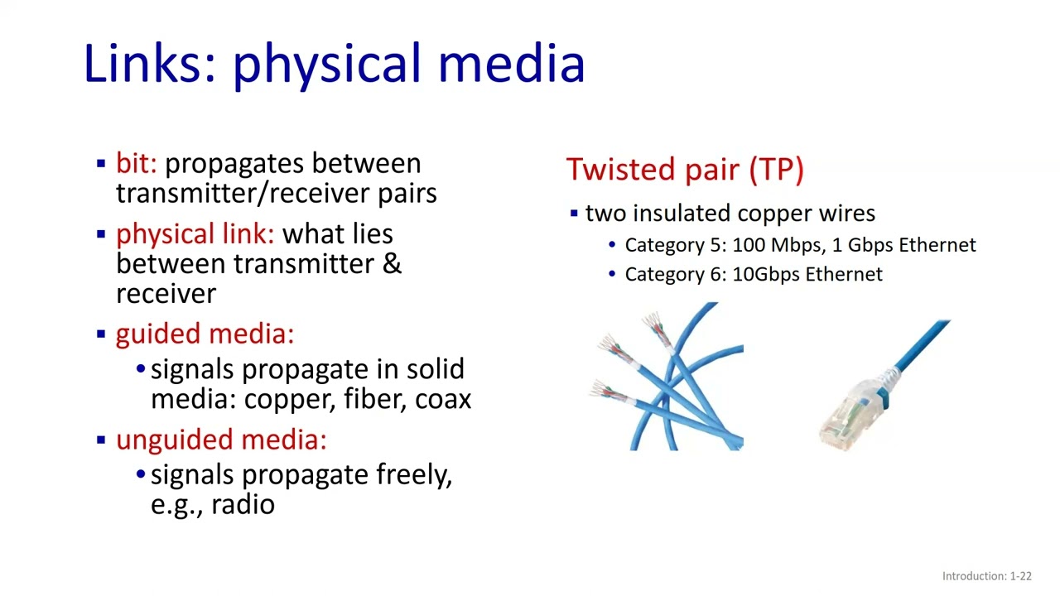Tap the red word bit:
(136, 164)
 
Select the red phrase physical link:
(195, 234)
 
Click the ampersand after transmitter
(392, 264)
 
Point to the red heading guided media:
(205, 334)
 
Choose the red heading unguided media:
(221, 440)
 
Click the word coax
(443, 399)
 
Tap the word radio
(243, 505)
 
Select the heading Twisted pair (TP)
(685, 170)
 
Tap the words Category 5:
(675, 245)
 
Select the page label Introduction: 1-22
(986, 576)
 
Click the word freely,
(414, 475)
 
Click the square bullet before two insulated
(574, 214)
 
